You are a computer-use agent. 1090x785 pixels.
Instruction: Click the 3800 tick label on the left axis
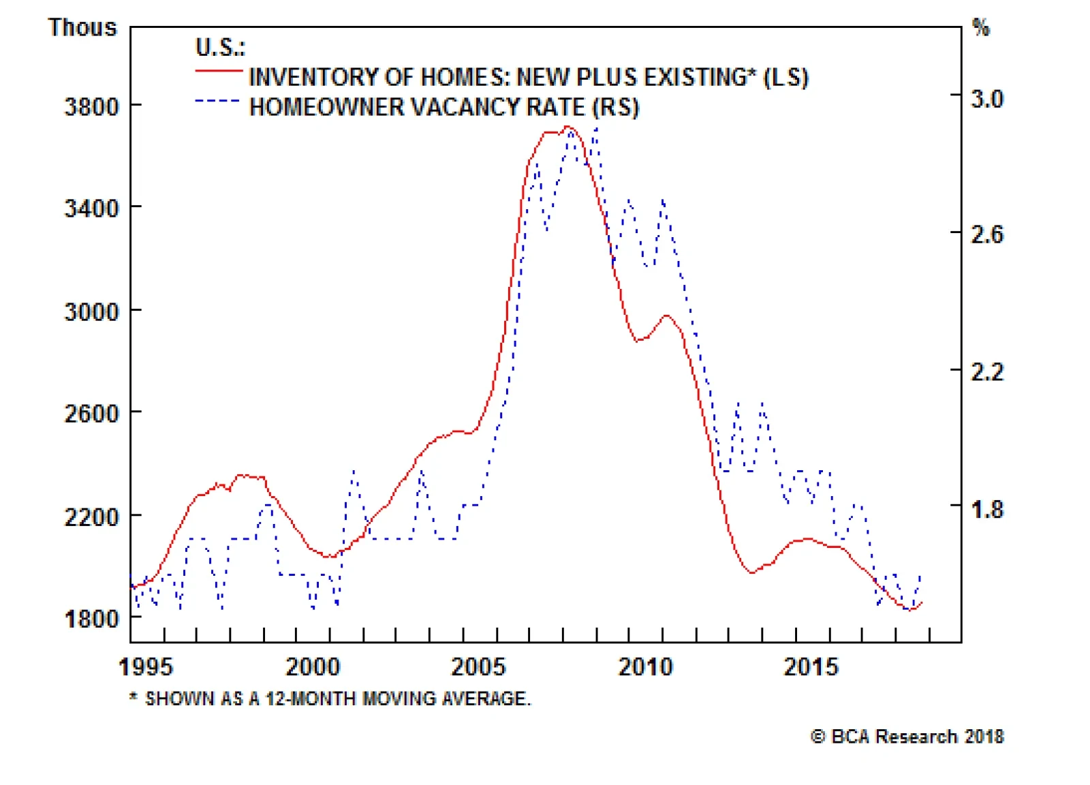(x=91, y=107)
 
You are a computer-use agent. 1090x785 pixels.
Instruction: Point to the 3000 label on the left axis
(x=91, y=311)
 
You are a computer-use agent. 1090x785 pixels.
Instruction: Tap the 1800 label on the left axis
(x=91, y=619)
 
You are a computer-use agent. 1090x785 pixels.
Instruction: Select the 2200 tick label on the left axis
(x=91, y=517)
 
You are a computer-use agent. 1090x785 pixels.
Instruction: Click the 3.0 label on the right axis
(x=986, y=99)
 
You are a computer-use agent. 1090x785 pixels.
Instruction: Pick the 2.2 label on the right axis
(x=986, y=372)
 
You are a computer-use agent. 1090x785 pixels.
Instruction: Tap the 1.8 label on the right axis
(x=986, y=509)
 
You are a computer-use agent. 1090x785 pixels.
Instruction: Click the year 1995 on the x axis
(x=146, y=666)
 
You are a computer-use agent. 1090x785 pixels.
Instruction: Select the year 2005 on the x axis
(x=478, y=666)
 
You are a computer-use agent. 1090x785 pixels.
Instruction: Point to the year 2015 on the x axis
(x=811, y=666)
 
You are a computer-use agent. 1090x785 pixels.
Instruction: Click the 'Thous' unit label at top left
(x=82, y=27)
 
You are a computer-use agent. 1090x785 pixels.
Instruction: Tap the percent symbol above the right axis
(x=980, y=28)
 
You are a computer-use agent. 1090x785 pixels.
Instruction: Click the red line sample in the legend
(x=219, y=71)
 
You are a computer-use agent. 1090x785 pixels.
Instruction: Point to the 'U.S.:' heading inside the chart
(x=220, y=47)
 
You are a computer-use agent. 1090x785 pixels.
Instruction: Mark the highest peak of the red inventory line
(x=568, y=127)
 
